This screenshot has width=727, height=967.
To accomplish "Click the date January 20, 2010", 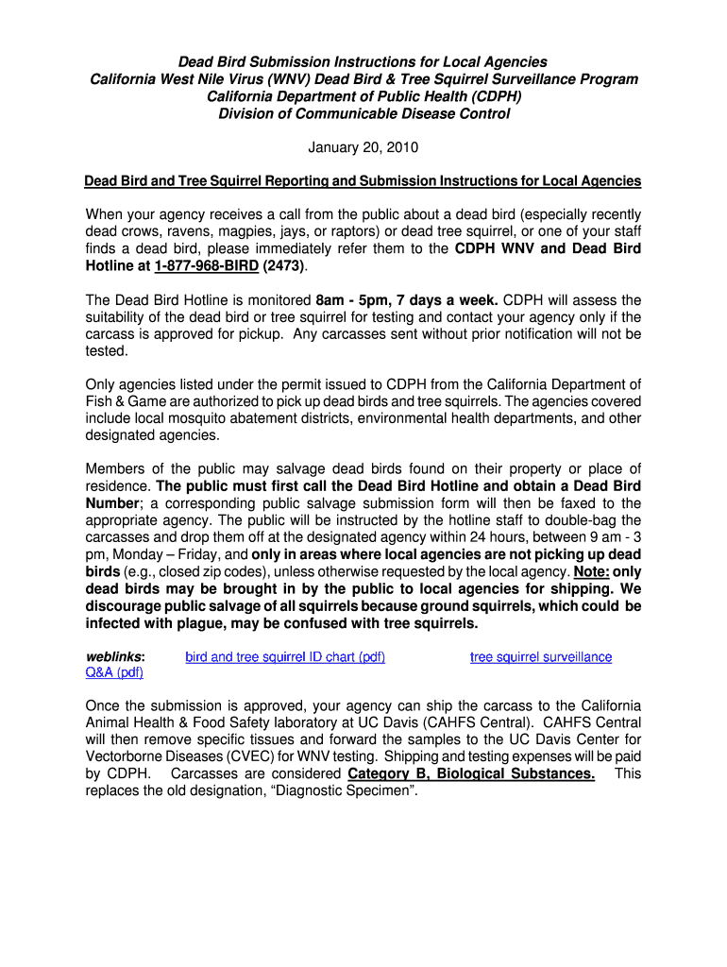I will click(x=363, y=147).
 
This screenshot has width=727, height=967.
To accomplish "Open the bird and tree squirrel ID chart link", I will click(x=285, y=657).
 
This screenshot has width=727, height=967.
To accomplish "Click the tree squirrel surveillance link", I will click(x=541, y=657).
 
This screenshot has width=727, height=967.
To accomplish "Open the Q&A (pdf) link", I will click(x=114, y=673).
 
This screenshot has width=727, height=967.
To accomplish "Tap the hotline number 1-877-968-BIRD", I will click(x=199, y=266).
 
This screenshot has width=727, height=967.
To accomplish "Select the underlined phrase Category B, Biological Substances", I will click(x=471, y=774).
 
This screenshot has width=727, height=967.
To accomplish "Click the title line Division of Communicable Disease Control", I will click(x=363, y=114).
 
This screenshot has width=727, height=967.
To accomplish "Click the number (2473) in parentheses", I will click(x=283, y=266).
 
